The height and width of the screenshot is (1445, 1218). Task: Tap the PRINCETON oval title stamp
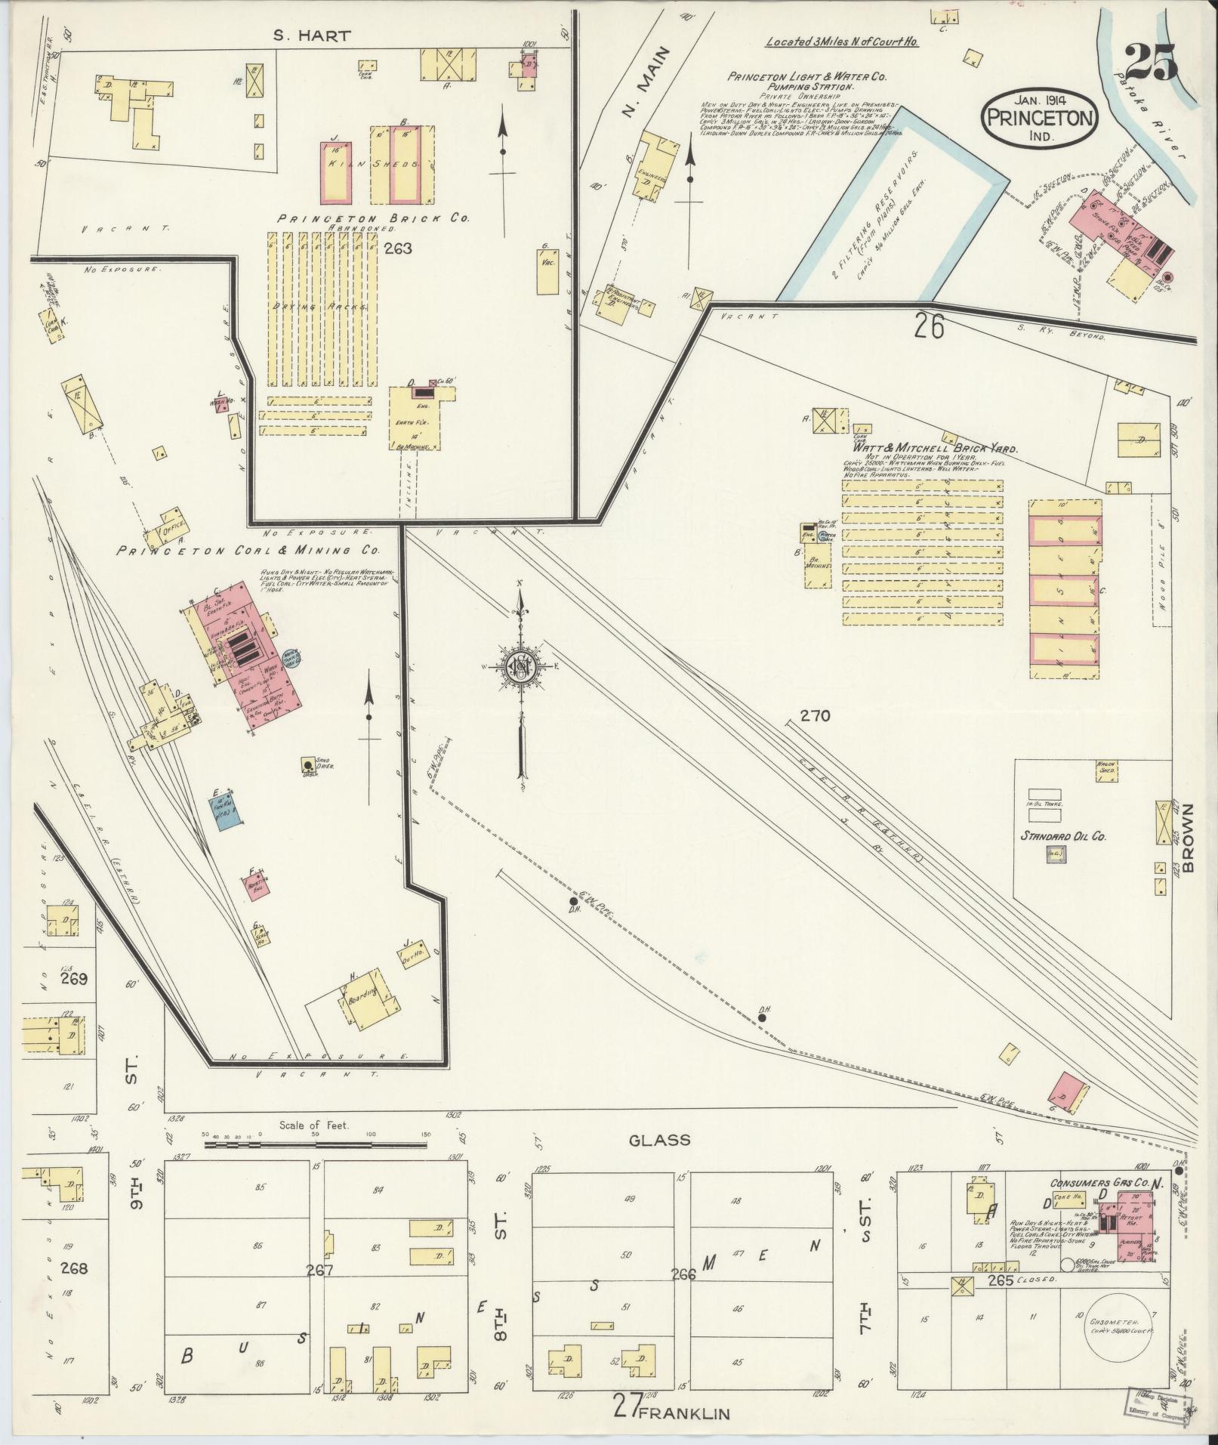click(1040, 118)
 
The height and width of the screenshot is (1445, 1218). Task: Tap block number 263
click(397, 248)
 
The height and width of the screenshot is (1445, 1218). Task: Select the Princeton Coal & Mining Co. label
click(257, 551)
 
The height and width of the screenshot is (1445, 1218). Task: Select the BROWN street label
click(1189, 838)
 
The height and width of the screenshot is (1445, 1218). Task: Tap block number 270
click(816, 715)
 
